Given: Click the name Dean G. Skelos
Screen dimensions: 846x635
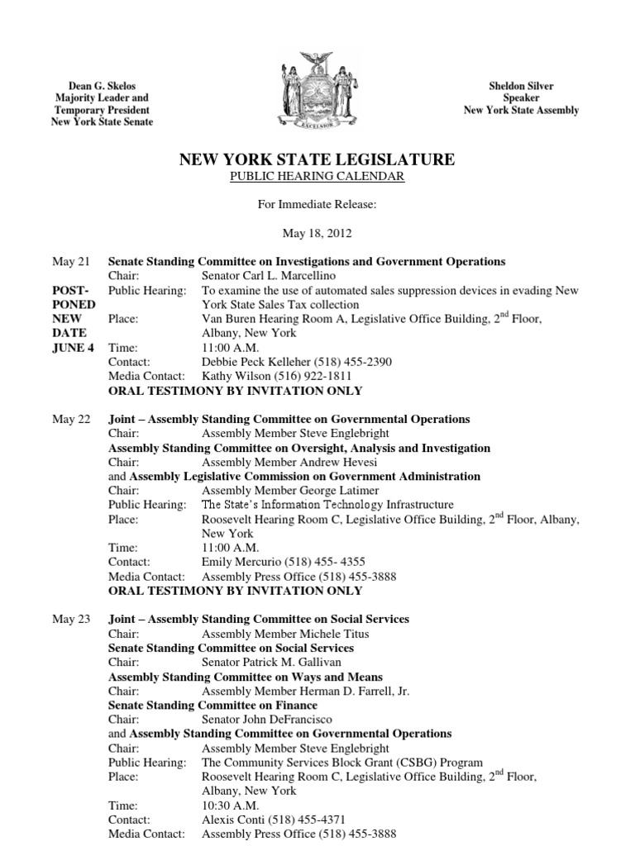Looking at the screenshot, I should point(103,87).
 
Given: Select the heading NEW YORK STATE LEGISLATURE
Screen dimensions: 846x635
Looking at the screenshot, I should point(317,159).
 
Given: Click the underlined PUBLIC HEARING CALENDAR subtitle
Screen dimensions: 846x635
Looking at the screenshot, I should point(317,178).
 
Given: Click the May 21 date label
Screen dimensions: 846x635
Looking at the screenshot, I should point(71,262).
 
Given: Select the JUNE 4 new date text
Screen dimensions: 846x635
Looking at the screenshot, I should point(73,348).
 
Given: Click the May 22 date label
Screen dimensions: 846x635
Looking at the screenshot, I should point(71,420).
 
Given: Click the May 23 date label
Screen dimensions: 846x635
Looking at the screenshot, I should point(71,619).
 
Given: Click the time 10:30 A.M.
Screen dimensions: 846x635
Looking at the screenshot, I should point(231,806).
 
